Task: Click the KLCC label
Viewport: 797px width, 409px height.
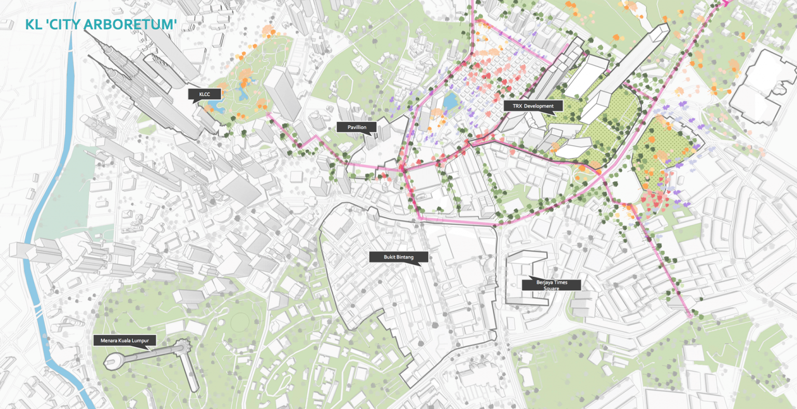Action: pos(205,94)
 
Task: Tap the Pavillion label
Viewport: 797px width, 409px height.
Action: pos(356,127)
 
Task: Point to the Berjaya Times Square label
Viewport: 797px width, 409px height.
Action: pos(552,285)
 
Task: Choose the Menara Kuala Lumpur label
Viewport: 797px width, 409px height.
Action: pos(125,341)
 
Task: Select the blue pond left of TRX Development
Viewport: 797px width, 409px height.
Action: pos(450,101)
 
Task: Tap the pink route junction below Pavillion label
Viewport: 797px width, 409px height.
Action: pos(402,170)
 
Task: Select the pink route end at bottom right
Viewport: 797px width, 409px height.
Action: pos(692,315)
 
